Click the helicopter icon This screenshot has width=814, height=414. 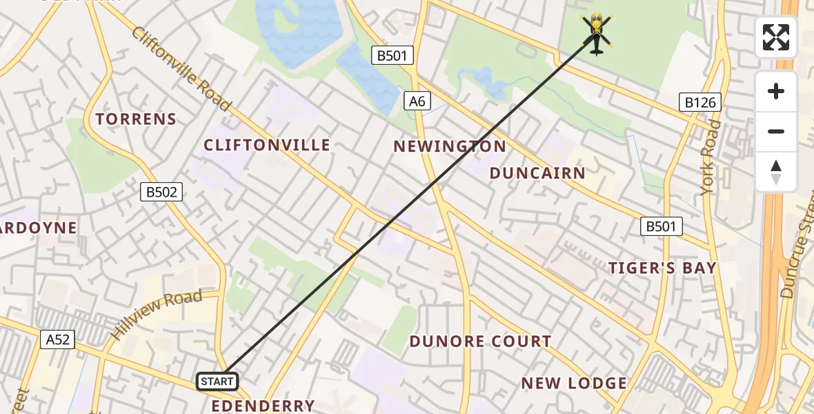pos(597,33)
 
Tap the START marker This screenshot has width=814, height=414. pos(217,382)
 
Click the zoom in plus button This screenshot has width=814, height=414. pos(776,91)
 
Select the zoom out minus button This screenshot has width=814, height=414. pos(776,131)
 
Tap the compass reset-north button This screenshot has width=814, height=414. pos(776,172)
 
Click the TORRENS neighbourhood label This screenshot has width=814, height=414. pos(136,119)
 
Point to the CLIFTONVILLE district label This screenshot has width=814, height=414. pos(267,145)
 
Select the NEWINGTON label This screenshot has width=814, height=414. pos(450,146)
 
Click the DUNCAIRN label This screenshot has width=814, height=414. pos(537,173)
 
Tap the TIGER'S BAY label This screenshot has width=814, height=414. pos(662,268)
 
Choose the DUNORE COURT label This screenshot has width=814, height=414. pos(480,342)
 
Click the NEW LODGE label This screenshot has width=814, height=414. pos(574,383)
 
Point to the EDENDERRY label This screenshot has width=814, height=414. pos(263,406)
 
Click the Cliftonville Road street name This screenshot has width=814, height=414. pos(181,68)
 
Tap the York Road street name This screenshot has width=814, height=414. pos(711,157)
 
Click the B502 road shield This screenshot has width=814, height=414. pos(161,192)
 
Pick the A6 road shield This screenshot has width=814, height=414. pos(417,101)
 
